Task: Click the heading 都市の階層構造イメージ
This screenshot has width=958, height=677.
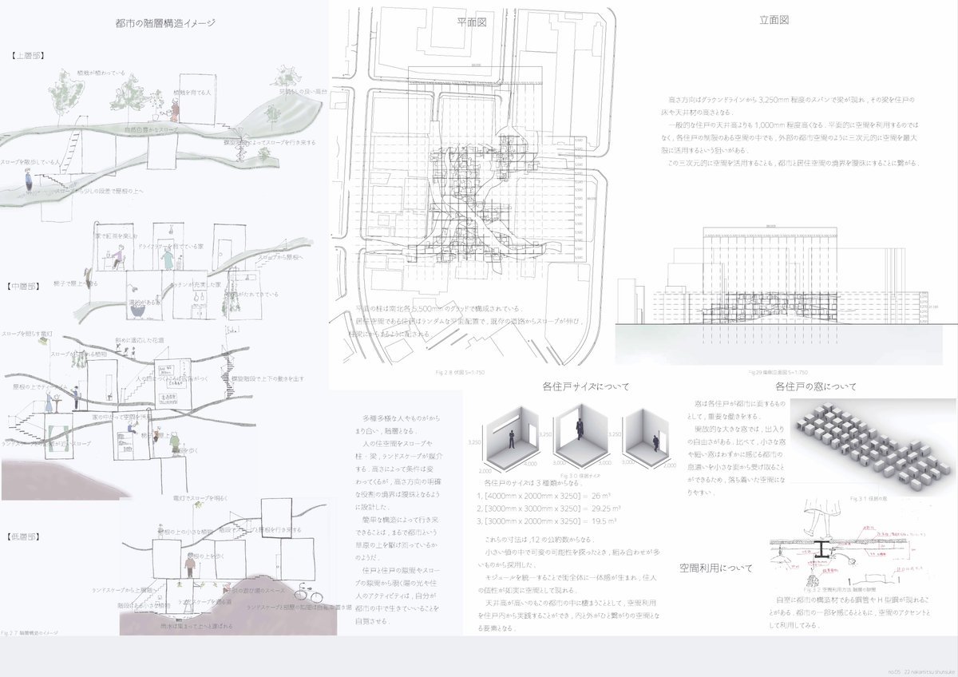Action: click(x=164, y=24)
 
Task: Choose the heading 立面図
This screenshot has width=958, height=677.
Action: click(x=774, y=20)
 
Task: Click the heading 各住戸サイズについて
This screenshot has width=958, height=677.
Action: click(x=585, y=386)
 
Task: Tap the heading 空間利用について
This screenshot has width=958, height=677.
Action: click(x=715, y=568)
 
